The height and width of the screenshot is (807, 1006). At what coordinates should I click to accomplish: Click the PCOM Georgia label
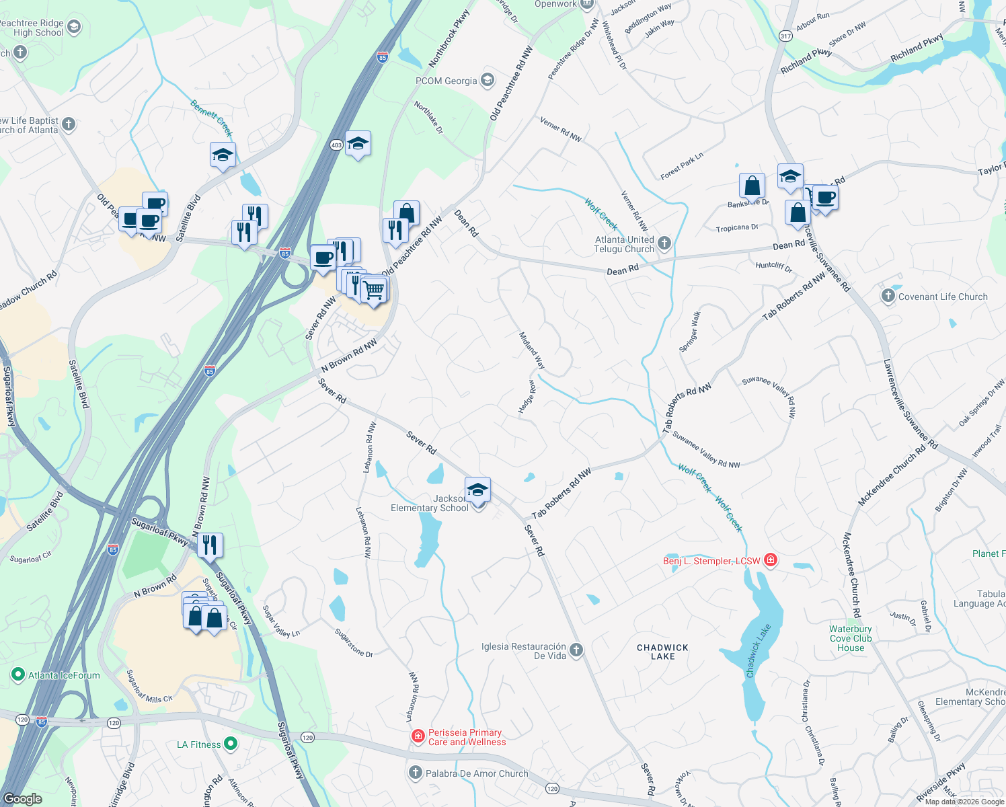pyautogui.click(x=447, y=81)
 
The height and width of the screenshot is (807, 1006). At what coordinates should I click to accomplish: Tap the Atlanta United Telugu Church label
pyautogui.click(x=624, y=244)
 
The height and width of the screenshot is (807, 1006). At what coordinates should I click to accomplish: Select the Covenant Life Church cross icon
pyautogui.click(x=888, y=297)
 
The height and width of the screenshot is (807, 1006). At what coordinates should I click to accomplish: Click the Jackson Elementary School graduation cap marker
pyautogui.click(x=477, y=490)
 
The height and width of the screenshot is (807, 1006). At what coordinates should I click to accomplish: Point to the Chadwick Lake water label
pyautogui.click(x=759, y=650)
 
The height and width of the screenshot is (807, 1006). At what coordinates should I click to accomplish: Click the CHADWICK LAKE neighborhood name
pyautogui.click(x=662, y=652)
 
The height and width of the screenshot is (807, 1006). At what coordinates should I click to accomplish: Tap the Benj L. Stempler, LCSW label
pyautogui.click(x=711, y=561)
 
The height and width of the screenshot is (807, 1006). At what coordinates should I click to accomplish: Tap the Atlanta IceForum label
pyautogui.click(x=64, y=675)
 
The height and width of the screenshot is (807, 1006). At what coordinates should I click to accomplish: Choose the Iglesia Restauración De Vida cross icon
pyautogui.click(x=576, y=650)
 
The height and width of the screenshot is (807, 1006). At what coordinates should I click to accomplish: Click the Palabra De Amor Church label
pyautogui.click(x=477, y=773)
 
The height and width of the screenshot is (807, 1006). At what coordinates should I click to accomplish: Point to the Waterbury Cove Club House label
pyautogui.click(x=851, y=638)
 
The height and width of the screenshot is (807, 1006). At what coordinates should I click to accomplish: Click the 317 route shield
pyautogui.click(x=785, y=36)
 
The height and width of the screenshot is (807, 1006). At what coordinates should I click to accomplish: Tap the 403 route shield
pyautogui.click(x=336, y=145)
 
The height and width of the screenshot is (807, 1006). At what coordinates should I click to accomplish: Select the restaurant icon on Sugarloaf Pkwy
pyautogui.click(x=210, y=545)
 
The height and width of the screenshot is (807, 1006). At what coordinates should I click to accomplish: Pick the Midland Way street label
pyautogui.click(x=531, y=350)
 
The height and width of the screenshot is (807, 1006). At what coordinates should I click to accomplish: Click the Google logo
pyautogui.click(x=23, y=799)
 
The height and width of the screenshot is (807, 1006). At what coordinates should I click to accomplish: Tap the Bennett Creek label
pyautogui.click(x=211, y=118)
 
